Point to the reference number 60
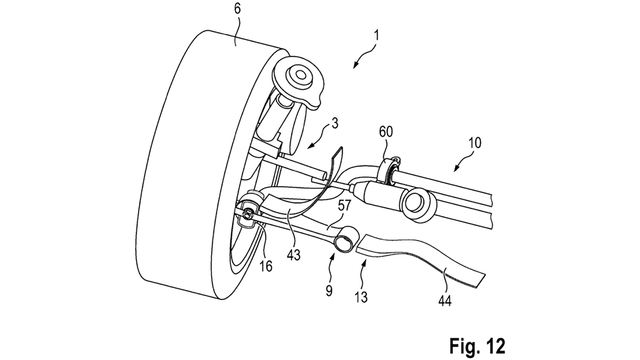tap(386, 132)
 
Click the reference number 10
tap(475, 143)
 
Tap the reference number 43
tap(294, 254)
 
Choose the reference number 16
tap(266, 266)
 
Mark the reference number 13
tap(361, 297)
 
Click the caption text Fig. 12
tap(477, 345)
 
